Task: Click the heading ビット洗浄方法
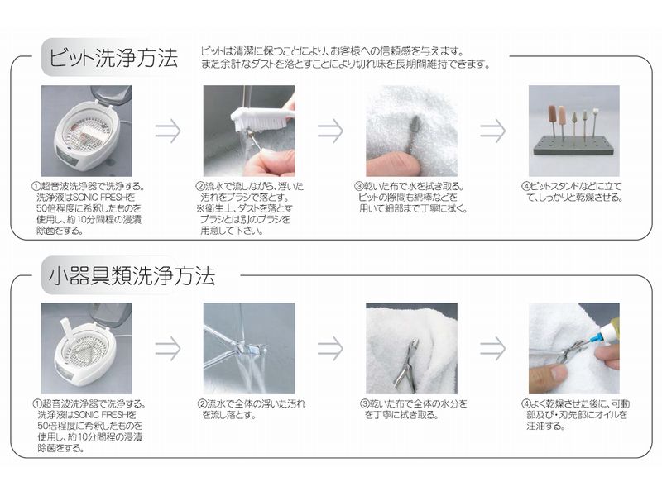[x=113, y=58]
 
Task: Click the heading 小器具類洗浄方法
[x=132, y=276]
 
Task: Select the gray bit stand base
[x=573, y=145]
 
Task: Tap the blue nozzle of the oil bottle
[x=585, y=340]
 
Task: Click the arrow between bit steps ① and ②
[x=168, y=131]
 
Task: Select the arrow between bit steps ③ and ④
[x=492, y=131]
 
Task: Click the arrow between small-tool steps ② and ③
[x=330, y=348]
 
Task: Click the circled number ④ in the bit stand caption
[x=525, y=187]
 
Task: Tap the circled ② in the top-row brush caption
[x=200, y=187]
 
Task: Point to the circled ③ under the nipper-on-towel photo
[x=364, y=404]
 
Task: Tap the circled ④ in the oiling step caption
[x=525, y=404]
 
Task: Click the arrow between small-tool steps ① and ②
[x=168, y=348]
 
